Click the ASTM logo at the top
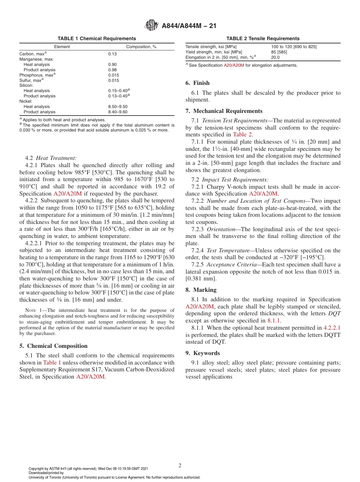pos(152,26)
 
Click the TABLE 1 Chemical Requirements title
pos(97,39)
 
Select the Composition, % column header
pos(141,47)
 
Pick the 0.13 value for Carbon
pos(112,54)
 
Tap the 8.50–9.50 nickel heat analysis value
pos(117,107)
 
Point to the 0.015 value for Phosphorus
pos(113,75)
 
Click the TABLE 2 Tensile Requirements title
pos(263,39)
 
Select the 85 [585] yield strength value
pos(279,52)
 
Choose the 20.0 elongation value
pos(275,57)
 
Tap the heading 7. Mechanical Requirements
pos(224,111)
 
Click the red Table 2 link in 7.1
pos(243,135)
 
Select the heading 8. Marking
pos(201,290)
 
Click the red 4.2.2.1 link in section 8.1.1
pos(332,328)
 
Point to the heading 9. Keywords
pos(202,353)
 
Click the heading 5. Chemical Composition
pos(53,346)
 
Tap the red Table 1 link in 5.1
pos(52,363)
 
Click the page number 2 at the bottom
pos(180,466)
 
